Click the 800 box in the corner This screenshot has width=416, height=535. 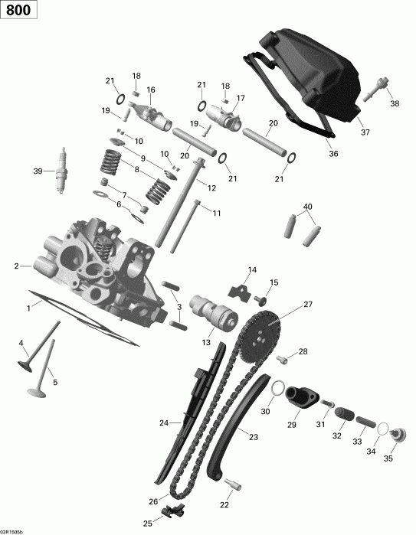coord(17,12)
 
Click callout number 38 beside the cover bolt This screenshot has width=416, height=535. coord(394,103)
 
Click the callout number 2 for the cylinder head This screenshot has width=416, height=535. coord(16,266)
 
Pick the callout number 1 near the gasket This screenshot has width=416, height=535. coord(29,307)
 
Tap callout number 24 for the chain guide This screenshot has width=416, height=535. coord(163,422)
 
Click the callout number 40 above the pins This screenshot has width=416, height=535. coord(308,207)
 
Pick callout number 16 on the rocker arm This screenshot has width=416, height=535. coord(151,90)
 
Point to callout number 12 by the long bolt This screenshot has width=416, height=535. coord(211,187)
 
